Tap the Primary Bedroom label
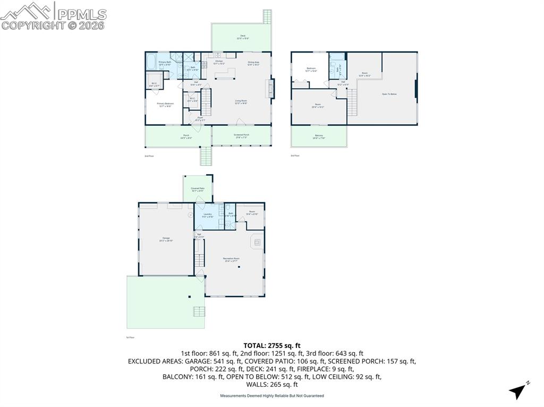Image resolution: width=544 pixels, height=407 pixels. pos(166,105)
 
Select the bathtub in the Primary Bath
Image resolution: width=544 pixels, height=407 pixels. pos(150,62)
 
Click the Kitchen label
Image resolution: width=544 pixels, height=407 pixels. pos(219,63)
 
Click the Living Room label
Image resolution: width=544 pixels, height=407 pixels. pos(241,102)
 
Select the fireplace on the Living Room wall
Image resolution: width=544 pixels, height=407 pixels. pos(272,89)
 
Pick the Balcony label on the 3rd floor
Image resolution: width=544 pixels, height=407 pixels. pos(319,136)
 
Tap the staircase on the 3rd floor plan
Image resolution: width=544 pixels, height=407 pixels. pos(352,103)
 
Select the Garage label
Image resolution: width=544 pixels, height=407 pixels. pos(166,239)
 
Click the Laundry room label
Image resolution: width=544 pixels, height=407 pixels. pos(208,215)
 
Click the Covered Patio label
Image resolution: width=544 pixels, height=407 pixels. pos(198,189)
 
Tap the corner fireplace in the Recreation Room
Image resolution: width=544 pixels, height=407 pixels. pos(257,242)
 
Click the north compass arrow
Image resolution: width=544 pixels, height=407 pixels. pos(518,391)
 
